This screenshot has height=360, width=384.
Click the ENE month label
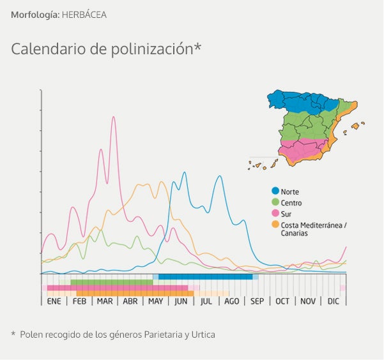[x=54, y=301]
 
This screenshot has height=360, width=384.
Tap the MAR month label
[x=105, y=301]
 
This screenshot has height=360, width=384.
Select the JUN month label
[x=181, y=301]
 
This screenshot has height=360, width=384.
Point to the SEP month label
[x=257, y=301]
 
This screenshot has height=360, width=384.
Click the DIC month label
[x=334, y=301]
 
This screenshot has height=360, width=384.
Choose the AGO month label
[x=232, y=301]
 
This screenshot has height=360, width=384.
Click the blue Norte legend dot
[x=275, y=191]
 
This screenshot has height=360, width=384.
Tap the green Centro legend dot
[x=275, y=202]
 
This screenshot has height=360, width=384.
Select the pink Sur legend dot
[x=275, y=213]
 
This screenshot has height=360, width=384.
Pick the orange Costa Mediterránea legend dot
[x=275, y=225]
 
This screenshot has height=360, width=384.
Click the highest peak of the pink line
[x=114, y=117]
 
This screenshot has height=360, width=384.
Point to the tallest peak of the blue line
[x=185, y=172]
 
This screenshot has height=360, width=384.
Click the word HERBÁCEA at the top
[x=84, y=14]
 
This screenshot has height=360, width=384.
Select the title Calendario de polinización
[x=106, y=49]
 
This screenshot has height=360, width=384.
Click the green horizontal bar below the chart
[x=112, y=282]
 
